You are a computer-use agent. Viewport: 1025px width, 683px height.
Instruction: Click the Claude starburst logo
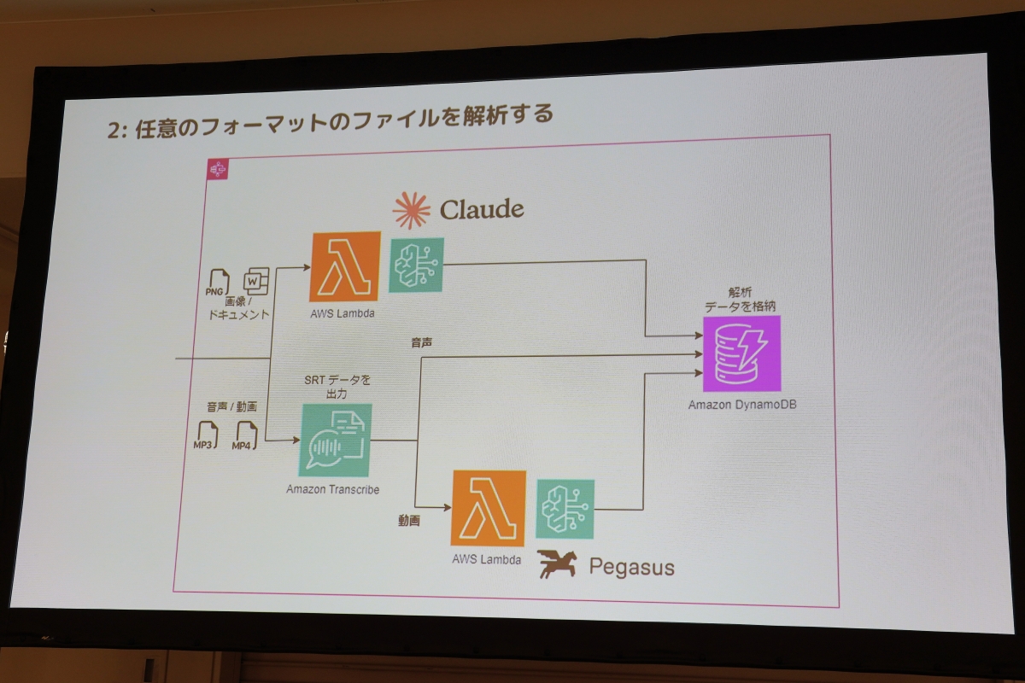(x=413, y=209)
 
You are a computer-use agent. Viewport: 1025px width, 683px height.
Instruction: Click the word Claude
(x=482, y=209)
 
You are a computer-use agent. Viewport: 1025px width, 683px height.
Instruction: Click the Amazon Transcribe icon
(x=335, y=440)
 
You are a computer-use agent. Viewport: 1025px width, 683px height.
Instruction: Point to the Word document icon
(x=256, y=281)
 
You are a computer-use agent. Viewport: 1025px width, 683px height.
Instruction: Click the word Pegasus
(x=631, y=567)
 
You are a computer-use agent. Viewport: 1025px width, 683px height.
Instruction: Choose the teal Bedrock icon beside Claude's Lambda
(x=416, y=265)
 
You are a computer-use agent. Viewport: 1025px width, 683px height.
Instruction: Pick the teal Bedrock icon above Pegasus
(x=565, y=509)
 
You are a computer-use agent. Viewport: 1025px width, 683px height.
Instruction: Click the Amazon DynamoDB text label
(x=741, y=404)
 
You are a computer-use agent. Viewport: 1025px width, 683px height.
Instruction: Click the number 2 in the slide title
(x=113, y=130)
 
